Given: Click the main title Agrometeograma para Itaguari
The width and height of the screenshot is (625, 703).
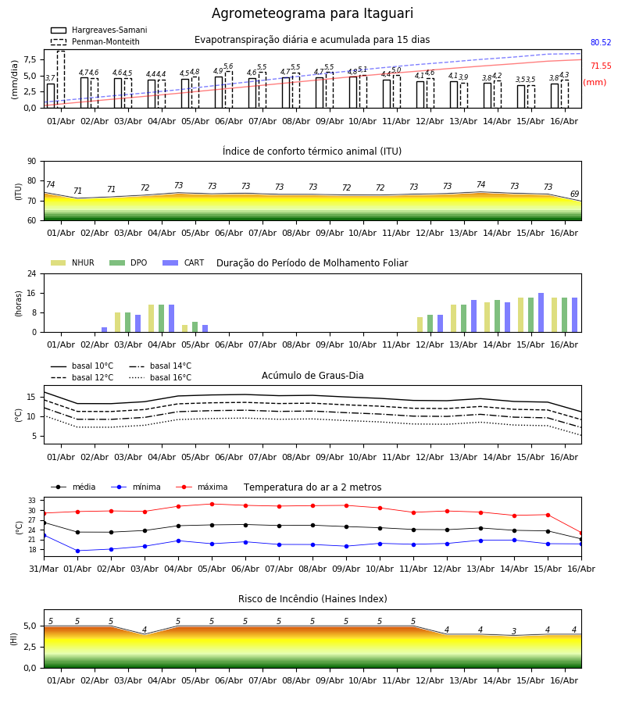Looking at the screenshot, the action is point(312,13).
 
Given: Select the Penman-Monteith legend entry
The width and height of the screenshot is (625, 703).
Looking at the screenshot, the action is point(95,41).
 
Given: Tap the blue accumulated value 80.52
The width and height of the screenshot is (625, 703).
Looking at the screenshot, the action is point(601,43).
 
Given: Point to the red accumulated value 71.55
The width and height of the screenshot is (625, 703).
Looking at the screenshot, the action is point(601,66).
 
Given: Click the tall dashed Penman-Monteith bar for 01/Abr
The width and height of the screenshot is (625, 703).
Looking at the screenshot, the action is point(61,80).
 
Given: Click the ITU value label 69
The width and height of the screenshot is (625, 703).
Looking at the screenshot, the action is point(574,194).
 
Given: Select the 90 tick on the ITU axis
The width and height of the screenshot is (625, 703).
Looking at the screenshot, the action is point(32,162).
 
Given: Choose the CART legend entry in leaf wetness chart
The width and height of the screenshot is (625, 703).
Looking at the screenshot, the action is point(184,262).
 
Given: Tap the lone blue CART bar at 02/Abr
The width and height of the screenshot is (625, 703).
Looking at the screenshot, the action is point(105,330).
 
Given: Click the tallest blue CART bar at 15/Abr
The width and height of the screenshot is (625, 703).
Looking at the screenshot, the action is point(541,312).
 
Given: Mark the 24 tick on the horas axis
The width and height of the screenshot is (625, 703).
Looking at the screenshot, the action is point(32,273).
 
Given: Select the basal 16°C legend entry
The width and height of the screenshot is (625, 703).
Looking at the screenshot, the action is point(160,377).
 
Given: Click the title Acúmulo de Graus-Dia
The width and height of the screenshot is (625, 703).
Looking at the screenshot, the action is point(312,375).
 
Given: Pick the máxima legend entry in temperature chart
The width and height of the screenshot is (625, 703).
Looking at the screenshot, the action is point(202,487).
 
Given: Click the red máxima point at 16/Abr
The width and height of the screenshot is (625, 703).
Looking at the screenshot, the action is point(581,533).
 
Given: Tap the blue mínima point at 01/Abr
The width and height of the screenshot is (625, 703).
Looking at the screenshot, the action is point(77,551).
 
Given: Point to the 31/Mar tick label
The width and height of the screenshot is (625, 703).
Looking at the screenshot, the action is point(44,569).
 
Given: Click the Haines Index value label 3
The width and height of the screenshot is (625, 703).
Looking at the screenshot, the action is point(514,631).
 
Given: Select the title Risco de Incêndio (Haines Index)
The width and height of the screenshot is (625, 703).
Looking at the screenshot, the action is point(312,598).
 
